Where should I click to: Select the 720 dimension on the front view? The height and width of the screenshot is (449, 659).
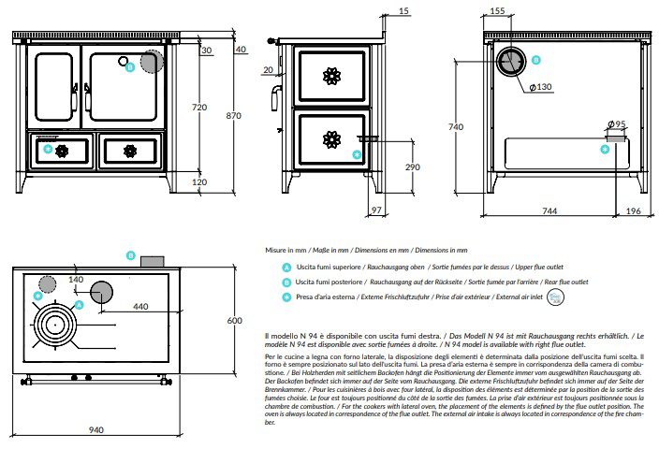tap(198, 108)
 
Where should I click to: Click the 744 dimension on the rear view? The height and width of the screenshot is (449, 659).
tap(549, 211)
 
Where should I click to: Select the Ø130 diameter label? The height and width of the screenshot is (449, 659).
tap(540, 87)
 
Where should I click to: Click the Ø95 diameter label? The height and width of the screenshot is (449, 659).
tap(616, 124)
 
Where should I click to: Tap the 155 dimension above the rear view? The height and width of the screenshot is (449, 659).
tap(497, 11)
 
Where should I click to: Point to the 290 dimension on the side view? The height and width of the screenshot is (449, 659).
tap(386, 167)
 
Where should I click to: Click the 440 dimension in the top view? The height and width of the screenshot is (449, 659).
tap(140, 306)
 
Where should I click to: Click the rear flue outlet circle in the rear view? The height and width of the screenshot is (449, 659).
tap(511, 62)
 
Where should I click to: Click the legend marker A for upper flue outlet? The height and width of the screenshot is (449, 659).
tap(286, 267)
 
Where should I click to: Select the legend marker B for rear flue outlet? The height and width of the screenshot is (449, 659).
tap(286, 282)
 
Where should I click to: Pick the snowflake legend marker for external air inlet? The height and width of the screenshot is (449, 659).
tap(286, 297)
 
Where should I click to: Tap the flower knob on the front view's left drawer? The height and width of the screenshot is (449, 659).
tap(63, 150)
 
